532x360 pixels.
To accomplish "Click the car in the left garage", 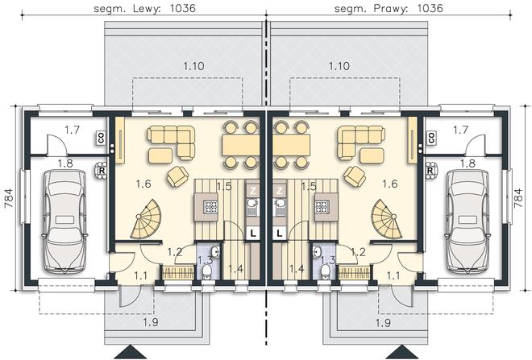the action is tap(64, 221).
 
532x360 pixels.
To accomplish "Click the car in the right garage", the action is tap(468, 221).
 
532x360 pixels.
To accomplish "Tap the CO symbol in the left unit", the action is tap(101, 138).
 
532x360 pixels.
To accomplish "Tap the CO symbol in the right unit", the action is tap(431, 138).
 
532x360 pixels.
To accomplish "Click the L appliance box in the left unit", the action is tap(252, 233).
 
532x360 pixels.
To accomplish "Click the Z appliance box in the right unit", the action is tap(280, 191).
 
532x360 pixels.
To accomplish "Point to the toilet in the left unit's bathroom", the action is tap(206, 271).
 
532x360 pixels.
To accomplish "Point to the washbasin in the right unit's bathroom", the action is tap(318, 252).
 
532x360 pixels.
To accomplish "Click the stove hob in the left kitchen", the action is tap(210, 206).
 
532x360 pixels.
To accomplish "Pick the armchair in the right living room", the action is tap(355, 176).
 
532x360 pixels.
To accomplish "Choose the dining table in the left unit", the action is tap(240, 145).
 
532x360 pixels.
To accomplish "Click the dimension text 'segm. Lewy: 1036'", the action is tap(144, 8).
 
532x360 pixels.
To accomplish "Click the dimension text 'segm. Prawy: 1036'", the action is tap(389, 8).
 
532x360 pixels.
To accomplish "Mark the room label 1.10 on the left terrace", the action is tap(193, 66).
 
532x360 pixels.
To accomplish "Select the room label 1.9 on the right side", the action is tap(383, 323).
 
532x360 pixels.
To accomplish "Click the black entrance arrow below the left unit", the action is tap(130, 353).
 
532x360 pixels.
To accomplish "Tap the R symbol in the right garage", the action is tap(430, 170).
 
